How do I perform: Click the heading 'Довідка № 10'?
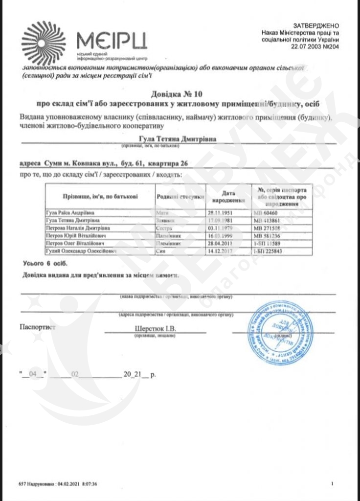(x=180, y=93)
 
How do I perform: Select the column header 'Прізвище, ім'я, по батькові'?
(x=100, y=196)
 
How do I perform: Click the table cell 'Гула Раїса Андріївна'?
(x=69, y=213)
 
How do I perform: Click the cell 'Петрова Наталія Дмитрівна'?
(x=78, y=228)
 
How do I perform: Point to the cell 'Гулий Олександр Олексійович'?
(x=81, y=251)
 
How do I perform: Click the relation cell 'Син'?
(x=159, y=251)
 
